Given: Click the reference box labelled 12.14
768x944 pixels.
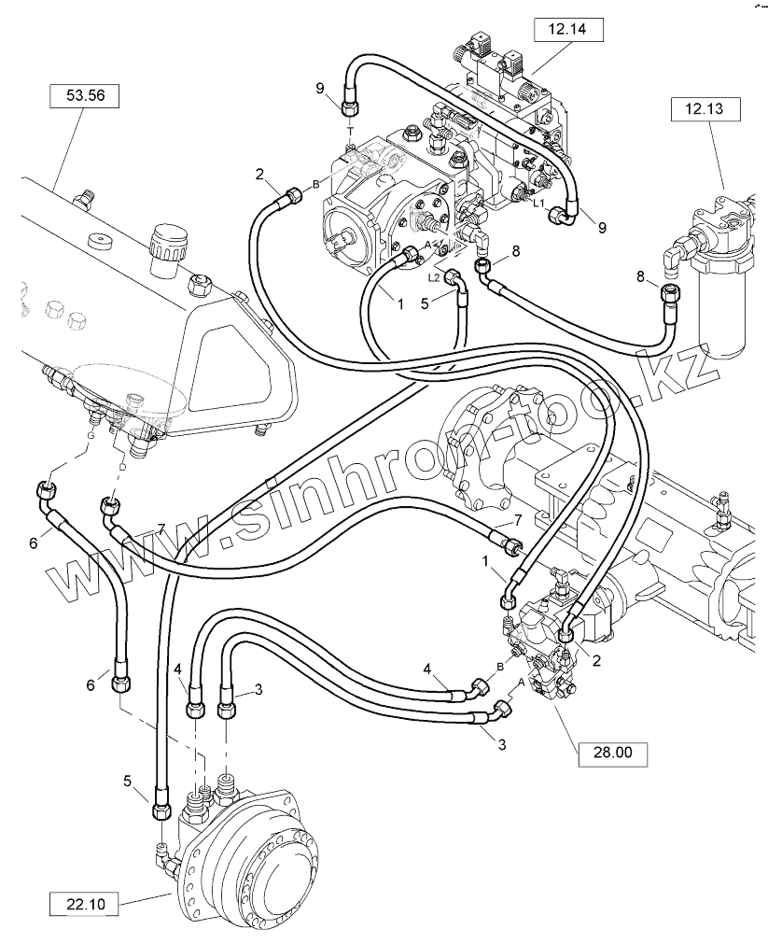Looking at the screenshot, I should click(567, 31).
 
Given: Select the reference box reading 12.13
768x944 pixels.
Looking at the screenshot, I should click(705, 109).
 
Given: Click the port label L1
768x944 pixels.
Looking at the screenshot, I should click(538, 202).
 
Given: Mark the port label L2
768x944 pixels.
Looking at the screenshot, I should click(434, 277).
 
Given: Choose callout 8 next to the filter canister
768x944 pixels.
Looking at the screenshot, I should click(639, 275).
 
